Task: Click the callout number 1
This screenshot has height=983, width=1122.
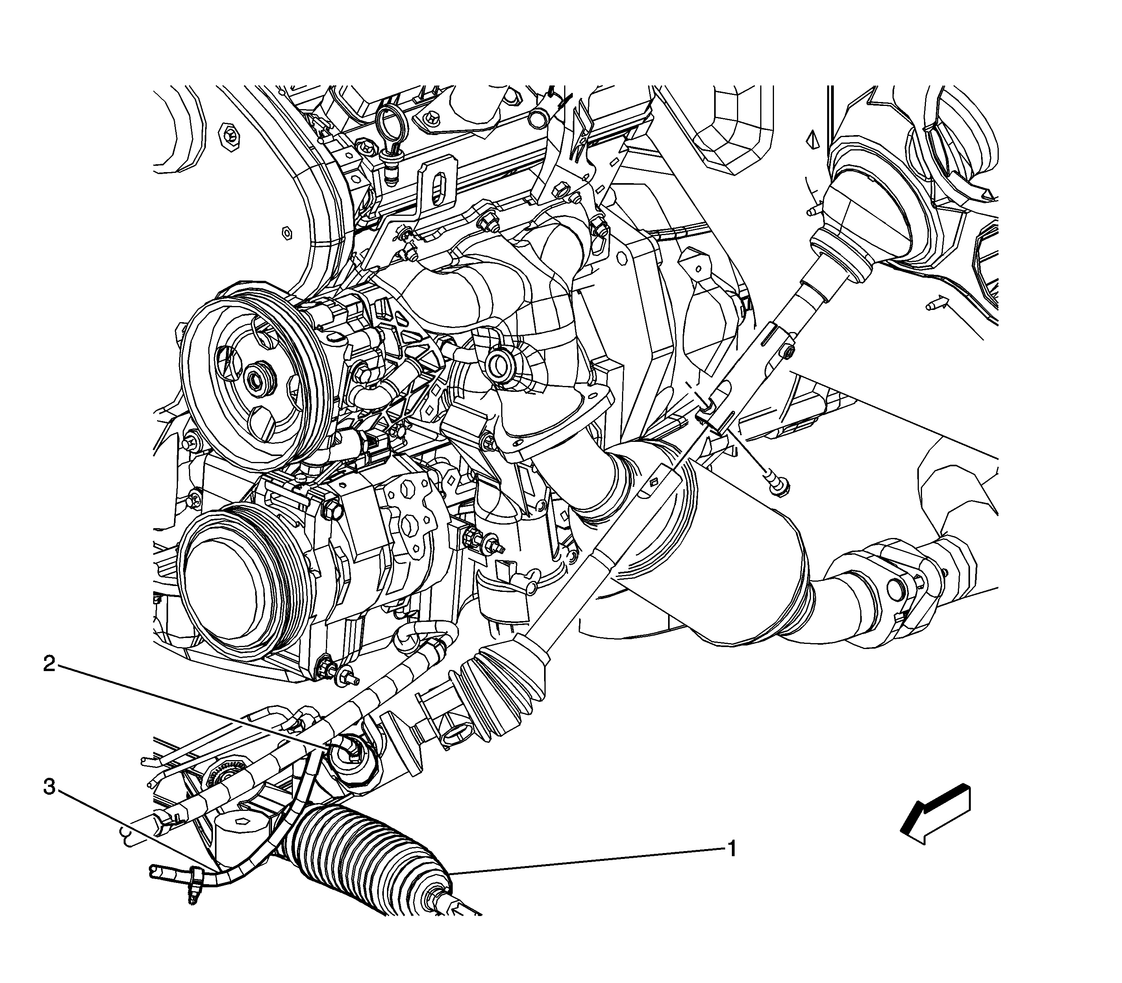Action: (x=731, y=850)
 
